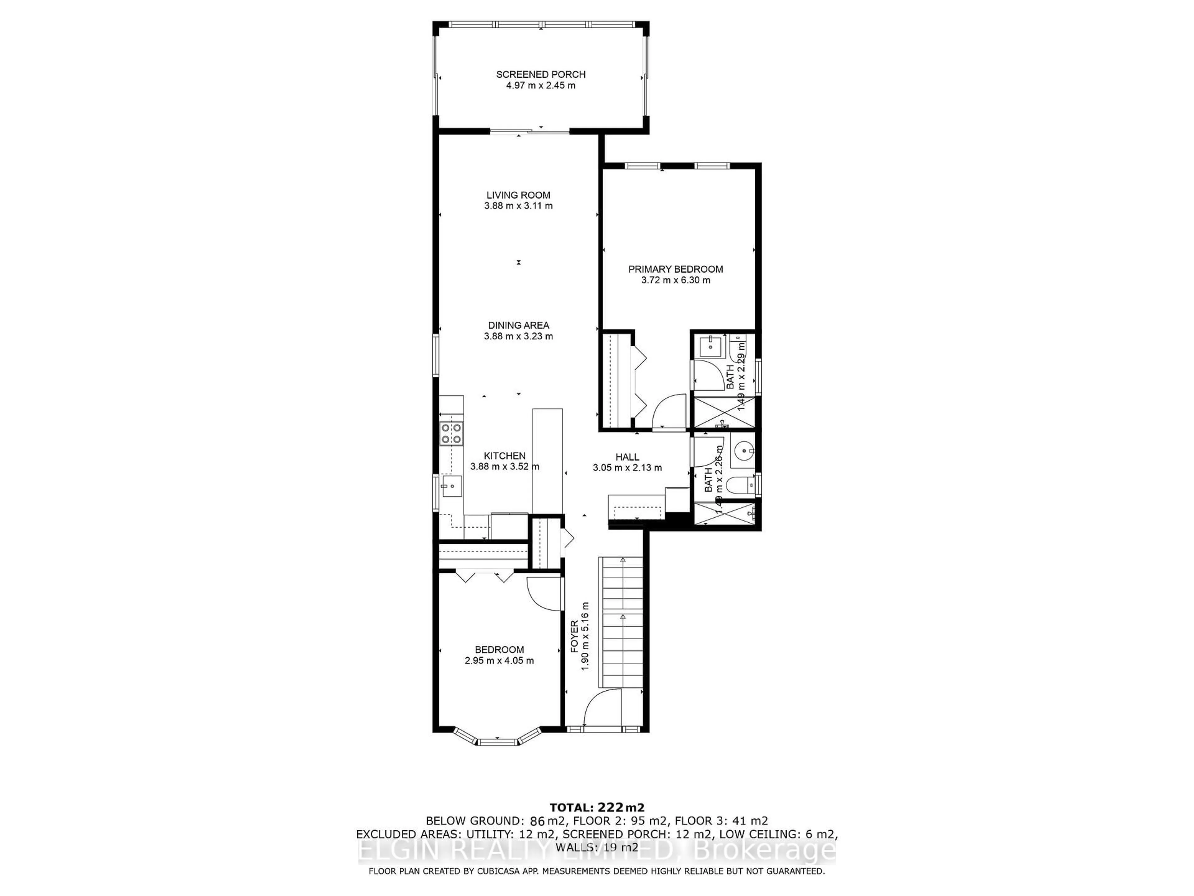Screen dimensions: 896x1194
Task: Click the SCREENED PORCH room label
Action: coord(541,75)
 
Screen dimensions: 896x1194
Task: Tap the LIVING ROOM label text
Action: coord(518,195)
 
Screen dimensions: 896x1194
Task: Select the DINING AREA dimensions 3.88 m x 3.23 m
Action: coord(518,336)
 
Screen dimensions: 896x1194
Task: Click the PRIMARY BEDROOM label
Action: coord(675,269)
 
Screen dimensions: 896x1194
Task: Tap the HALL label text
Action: coord(627,457)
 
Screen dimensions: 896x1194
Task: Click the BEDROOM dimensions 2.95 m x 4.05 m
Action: coord(499,660)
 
